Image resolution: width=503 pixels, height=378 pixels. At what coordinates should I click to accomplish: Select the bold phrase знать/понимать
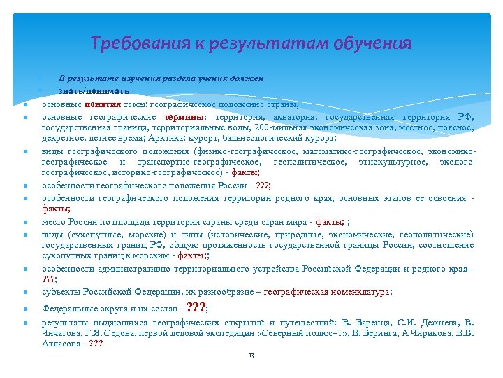point(84,91)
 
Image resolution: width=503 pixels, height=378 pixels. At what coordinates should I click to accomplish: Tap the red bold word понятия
point(102,103)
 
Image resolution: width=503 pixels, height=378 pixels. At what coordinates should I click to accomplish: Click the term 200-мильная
point(278,128)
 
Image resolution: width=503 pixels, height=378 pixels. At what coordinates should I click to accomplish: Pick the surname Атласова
point(59,344)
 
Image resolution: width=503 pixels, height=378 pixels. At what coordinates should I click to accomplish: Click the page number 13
point(251,356)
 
